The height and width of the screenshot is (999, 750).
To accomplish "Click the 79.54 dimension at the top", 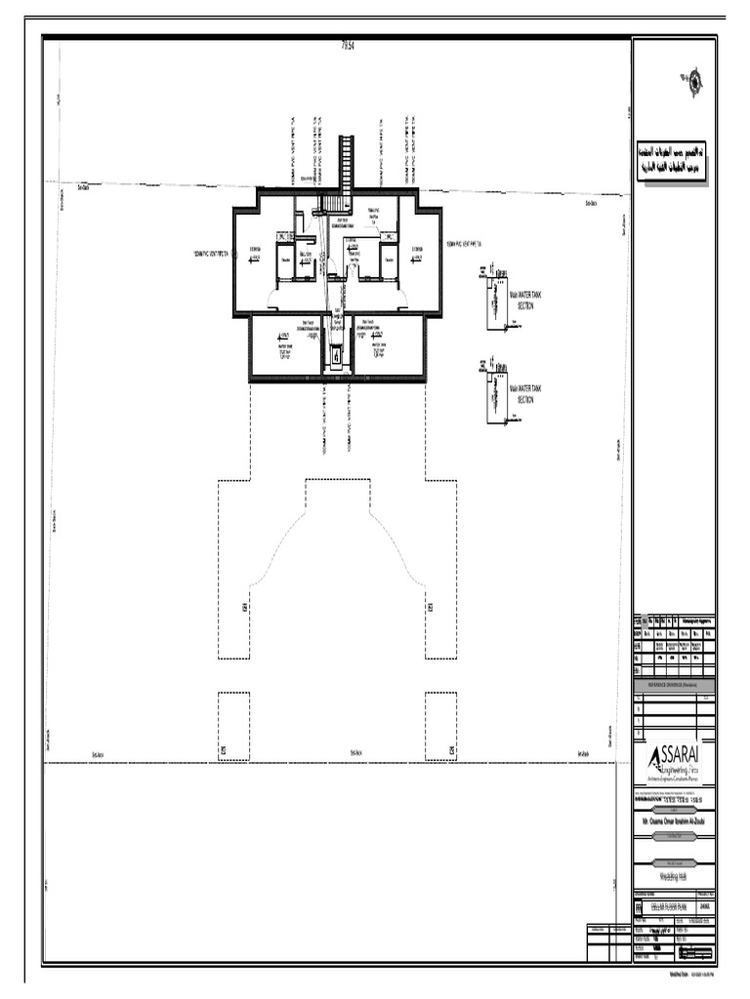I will tap(347, 46).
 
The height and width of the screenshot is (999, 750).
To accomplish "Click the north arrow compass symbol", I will tap(692, 82).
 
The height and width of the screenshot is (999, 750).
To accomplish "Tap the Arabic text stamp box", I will tap(674, 161).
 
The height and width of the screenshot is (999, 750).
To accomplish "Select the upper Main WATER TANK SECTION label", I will tap(525, 300).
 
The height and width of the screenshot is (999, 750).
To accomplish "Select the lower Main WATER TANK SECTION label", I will tap(525, 393).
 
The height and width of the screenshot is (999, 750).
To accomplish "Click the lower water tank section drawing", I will tap(496, 395).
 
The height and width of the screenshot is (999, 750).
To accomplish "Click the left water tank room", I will tap(285, 346).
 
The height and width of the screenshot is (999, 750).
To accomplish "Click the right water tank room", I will tap(389, 346).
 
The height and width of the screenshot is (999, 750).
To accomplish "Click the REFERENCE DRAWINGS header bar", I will tap(674, 686).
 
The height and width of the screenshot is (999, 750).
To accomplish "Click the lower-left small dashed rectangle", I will tap(233, 727).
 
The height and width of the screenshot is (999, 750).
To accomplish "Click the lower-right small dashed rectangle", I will tap(440, 727).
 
